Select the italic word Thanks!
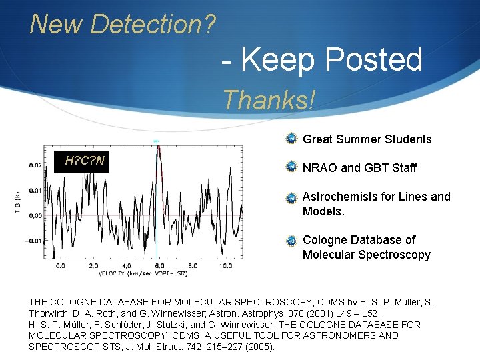click(269, 100)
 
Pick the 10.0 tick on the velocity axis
click(226, 265)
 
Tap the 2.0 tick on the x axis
click(93, 265)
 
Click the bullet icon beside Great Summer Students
click(291, 139)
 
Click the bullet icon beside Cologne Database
click(291, 239)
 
